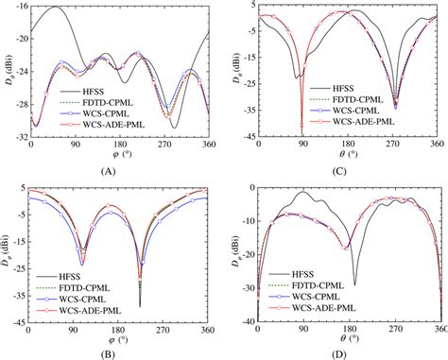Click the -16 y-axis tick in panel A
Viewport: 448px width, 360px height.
point(18,6)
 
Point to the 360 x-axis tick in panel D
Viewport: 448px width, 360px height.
point(436,331)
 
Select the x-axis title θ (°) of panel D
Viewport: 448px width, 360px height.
point(349,341)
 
